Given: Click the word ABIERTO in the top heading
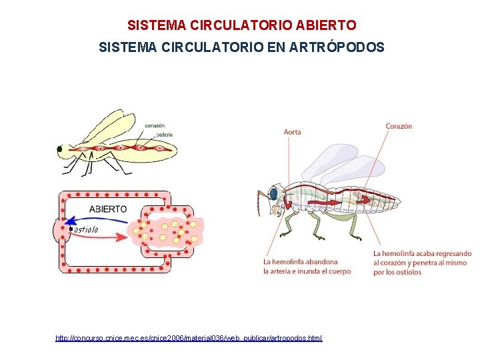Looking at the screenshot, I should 325,25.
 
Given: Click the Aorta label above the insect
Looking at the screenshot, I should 292,131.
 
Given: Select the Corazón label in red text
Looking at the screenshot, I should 399,126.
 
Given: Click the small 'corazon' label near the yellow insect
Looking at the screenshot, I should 155,125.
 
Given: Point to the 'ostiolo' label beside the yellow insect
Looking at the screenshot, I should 164,135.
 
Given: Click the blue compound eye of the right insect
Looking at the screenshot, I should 273,193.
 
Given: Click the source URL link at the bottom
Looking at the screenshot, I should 189,339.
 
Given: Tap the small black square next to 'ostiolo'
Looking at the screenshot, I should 71,229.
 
